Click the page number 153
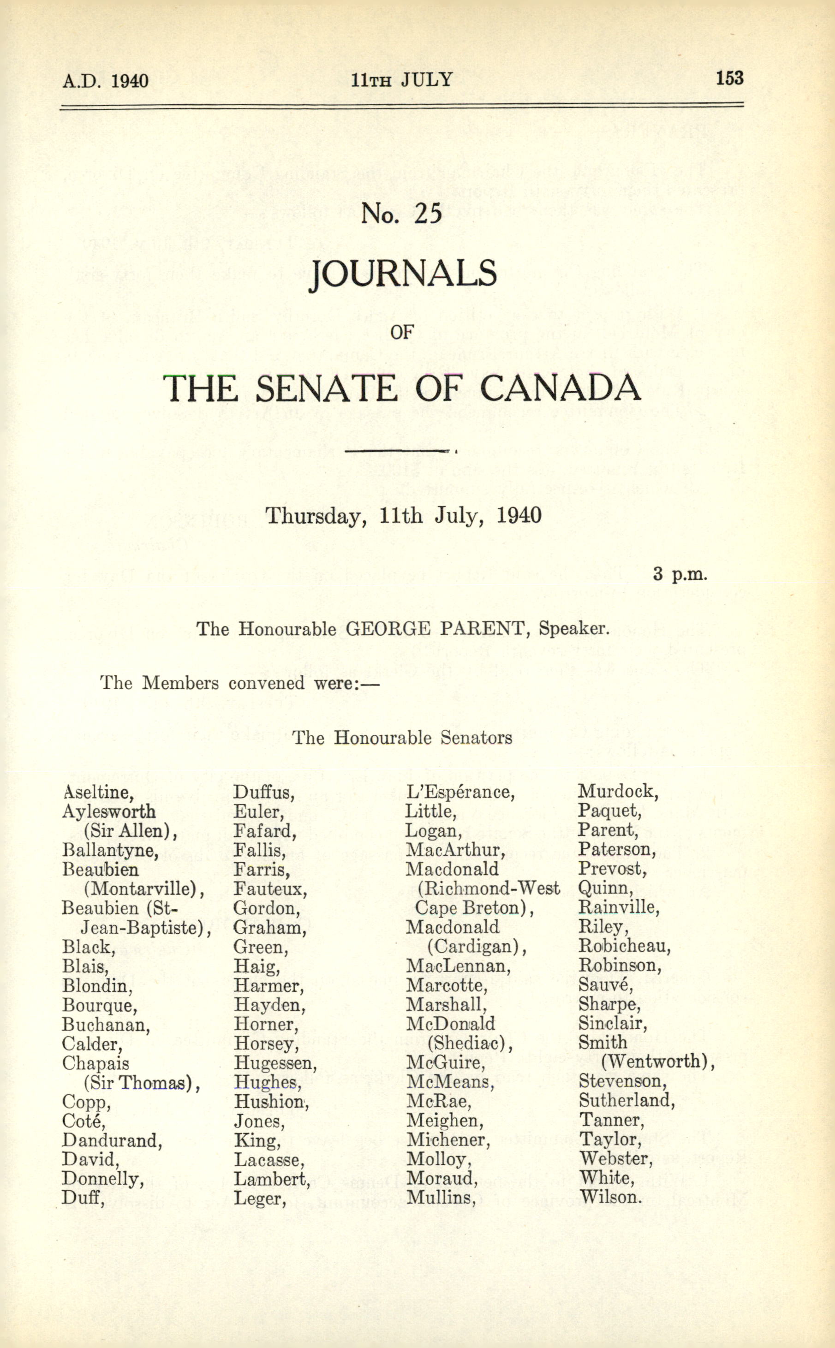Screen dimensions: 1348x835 point(729,78)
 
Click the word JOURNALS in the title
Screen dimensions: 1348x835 point(403,274)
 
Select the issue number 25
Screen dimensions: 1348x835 point(428,214)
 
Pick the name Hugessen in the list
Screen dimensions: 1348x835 point(275,1063)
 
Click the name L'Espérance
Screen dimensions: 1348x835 point(460,793)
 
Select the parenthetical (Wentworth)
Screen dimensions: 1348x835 point(657,1062)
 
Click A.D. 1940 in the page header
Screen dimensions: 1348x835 point(105,81)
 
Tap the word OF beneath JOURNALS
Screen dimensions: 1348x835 point(401,333)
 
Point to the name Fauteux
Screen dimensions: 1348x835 point(270,889)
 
